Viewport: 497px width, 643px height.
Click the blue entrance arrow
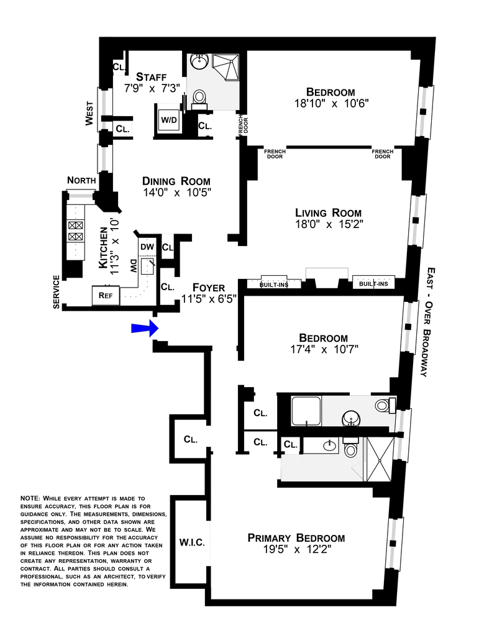(x=145, y=328)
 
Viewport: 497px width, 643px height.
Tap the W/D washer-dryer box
(x=169, y=120)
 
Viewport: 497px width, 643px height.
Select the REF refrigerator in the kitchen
(x=106, y=295)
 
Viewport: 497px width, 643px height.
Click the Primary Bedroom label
(x=296, y=537)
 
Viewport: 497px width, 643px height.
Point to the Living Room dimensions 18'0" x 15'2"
(x=329, y=224)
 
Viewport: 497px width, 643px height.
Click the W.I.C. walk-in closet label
(x=192, y=542)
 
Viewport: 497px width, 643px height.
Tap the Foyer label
(x=209, y=288)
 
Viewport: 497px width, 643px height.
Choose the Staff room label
(x=152, y=76)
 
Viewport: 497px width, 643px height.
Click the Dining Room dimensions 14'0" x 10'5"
(x=176, y=193)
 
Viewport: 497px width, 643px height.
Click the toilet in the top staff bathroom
(x=199, y=99)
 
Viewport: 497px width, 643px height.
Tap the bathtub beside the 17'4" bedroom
(x=306, y=411)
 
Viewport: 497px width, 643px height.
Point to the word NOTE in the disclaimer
(x=30, y=498)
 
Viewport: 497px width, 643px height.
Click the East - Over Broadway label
(x=427, y=322)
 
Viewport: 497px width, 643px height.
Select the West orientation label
(x=89, y=113)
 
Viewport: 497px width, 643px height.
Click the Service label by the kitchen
(x=56, y=292)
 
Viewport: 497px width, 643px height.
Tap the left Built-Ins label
(x=274, y=284)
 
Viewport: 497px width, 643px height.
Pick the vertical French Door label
(x=244, y=127)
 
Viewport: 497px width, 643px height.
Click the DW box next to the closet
(x=147, y=247)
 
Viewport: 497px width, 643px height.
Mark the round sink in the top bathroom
(x=199, y=62)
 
